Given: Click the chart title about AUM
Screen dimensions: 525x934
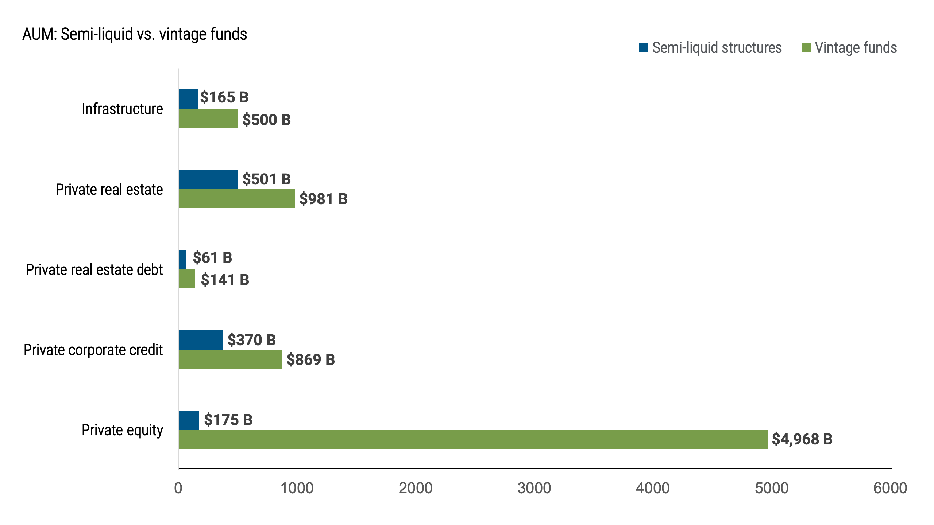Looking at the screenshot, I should pos(135,34).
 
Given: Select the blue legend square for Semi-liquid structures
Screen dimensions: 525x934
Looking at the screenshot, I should pos(643,47).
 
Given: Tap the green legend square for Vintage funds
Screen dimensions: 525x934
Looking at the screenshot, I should pos(806,47).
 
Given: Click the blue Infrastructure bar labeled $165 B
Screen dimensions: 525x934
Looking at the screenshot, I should pos(188,99).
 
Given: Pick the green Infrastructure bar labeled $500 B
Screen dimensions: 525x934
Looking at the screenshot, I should pos(208,118).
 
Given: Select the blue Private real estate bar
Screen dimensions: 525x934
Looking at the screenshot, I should pos(208,179).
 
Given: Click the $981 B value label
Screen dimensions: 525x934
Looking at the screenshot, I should pos(323,199).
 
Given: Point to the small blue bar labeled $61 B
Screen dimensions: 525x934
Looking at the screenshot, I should pos(182,260).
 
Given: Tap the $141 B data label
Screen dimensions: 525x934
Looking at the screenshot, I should pos(225,280).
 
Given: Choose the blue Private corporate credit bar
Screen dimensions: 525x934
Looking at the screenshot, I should pos(200,340).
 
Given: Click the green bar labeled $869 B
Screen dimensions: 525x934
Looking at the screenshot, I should pos(230,359).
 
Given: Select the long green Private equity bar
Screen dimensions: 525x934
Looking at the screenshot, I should pos(473,439).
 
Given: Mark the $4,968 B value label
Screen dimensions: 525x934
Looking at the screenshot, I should pos(802,439).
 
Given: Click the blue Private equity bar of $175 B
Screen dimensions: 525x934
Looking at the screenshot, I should pos(189,420).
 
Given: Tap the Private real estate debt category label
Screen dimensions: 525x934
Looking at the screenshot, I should pos(94,270).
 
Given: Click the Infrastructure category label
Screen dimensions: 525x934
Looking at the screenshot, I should pos(122,109).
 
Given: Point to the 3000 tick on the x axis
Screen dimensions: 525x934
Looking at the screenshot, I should pos(534,488).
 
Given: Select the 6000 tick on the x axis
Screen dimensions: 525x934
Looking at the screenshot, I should pos(890,488).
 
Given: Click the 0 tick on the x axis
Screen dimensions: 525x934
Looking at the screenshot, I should pos(178,488).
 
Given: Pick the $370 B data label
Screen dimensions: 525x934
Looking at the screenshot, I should pos(251,340).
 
